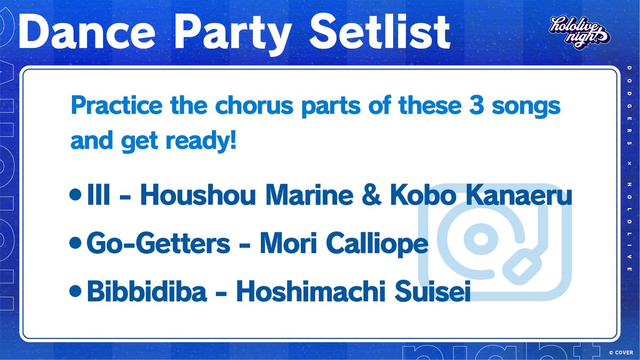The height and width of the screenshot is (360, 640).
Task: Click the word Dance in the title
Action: pos(87,31)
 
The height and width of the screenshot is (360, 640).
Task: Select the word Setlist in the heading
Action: pos(380,31)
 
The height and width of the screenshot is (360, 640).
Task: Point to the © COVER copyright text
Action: pos(621,353)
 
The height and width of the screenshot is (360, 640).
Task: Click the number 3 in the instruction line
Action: pos(476,105)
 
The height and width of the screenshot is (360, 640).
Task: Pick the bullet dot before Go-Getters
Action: pos(75,243)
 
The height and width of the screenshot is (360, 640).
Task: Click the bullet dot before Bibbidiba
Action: pos(75,291)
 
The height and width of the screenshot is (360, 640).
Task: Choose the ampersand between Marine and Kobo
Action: pos(371,194)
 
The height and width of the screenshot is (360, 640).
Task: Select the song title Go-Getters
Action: pos(158,243)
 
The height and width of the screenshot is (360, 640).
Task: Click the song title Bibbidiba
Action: pos(147,291)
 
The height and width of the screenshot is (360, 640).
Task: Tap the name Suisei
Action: pos(433,291)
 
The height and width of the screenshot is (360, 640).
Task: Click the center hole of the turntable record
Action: pos(481,239)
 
